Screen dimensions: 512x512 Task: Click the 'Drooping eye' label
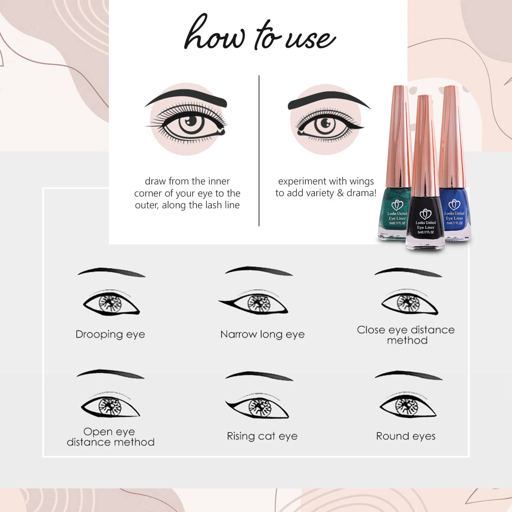tap(110, 335)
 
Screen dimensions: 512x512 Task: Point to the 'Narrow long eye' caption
tap(262, 335)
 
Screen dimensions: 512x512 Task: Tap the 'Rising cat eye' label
tap(262, 436)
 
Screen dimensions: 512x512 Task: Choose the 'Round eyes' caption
tap(406, 436)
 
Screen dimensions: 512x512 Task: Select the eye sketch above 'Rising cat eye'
tap(258, 406)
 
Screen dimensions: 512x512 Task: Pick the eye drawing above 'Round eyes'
tap(408, 406)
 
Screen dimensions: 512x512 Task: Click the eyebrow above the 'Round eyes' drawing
tap(409, 374)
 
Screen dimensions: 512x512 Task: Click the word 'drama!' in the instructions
tap(361, 193)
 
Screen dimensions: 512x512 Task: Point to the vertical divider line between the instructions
tap(259, 151)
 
